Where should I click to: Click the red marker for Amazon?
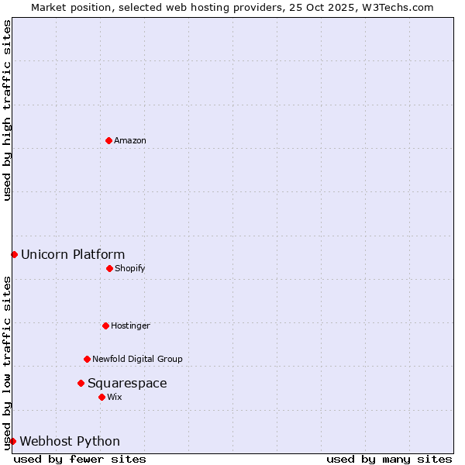[x=108, y=140]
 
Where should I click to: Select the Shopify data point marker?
[x=109, y=268]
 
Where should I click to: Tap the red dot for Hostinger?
[x=105, y=325]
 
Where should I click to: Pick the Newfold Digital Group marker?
[x=87, y=359]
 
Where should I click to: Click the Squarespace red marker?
[x=81, y=383]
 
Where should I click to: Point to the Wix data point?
[x=102, y=397]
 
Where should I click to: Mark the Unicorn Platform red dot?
[x=14, y=254]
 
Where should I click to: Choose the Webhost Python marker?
[x=12, y=441]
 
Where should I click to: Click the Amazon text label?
[x=130, y=140]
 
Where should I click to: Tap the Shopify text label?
[x=130, y=268]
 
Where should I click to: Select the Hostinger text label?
[x=130, y=325]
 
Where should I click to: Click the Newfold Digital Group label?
[x=137, y=359]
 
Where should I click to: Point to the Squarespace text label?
[x=127, y=383]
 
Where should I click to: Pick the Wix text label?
[x=115, y=397]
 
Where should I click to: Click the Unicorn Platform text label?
[x=73, y=254]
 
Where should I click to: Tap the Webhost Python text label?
[x=70, y=441]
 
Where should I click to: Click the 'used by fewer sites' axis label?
[x=80, y=459]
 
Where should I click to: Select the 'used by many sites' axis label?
[x=389, y=459]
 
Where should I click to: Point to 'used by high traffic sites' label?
[x=7, y=110]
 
